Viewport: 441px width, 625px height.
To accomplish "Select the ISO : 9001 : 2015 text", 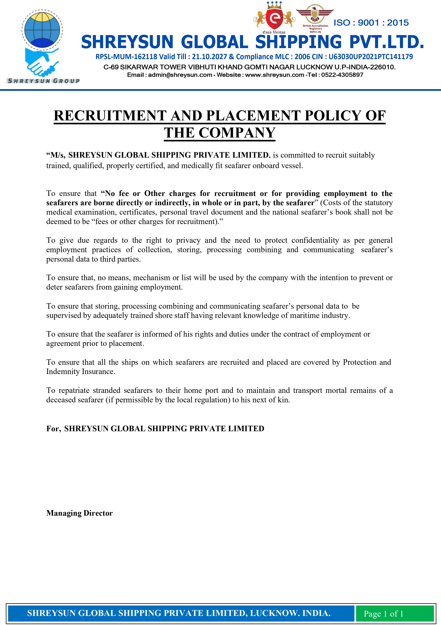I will tap(371, 23).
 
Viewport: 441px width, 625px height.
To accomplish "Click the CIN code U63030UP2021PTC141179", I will tap(371, 57).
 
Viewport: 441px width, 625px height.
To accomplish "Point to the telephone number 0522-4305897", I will tap(342, 75).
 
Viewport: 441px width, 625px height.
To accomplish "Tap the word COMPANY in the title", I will tap(237, 133).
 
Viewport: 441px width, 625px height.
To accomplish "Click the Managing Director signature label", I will tap(79, 513).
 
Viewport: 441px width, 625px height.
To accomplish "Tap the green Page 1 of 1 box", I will tap(383, 614).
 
